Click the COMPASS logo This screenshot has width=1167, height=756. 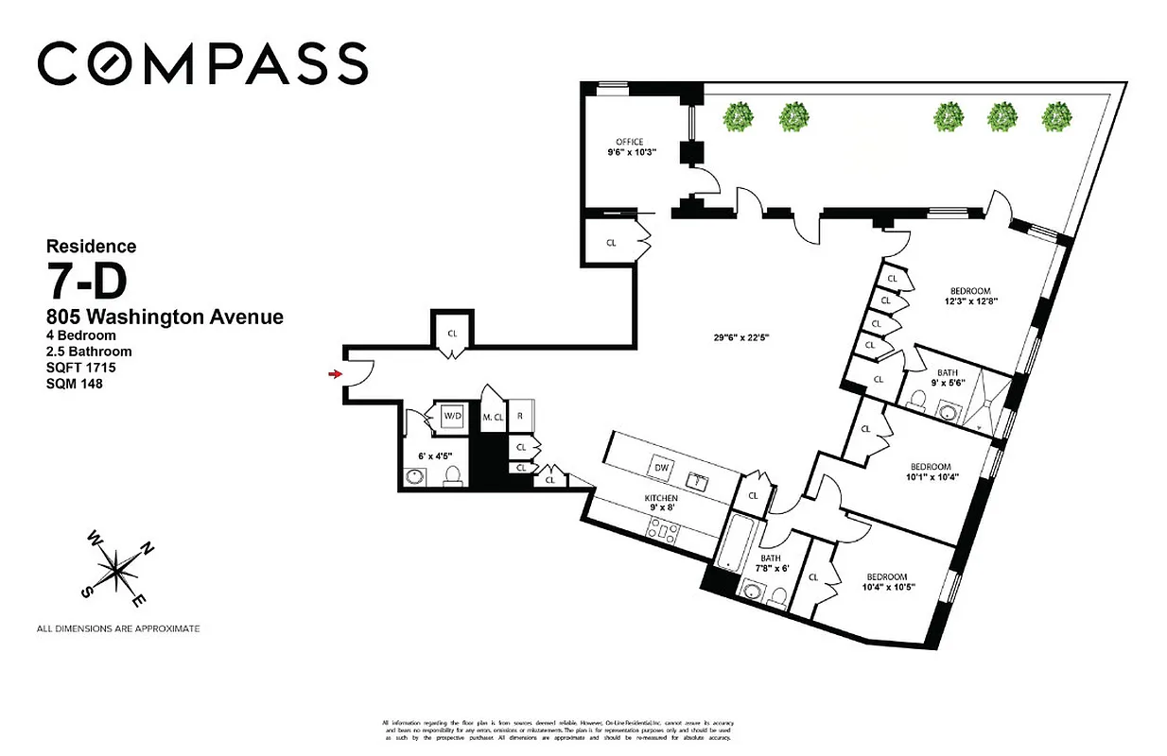coord(201,63)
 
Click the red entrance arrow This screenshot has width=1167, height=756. coord(333,375)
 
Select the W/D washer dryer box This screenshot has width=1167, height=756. coord(451,415)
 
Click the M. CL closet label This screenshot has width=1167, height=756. coord(492,417)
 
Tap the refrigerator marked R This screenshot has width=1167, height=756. coord(520,416)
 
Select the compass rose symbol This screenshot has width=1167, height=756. coord(115,570)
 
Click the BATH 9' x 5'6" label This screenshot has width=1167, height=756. coord(949,378)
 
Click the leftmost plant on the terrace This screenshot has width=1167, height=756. coord(740,117)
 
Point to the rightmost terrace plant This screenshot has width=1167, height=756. coord(1055,117)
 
